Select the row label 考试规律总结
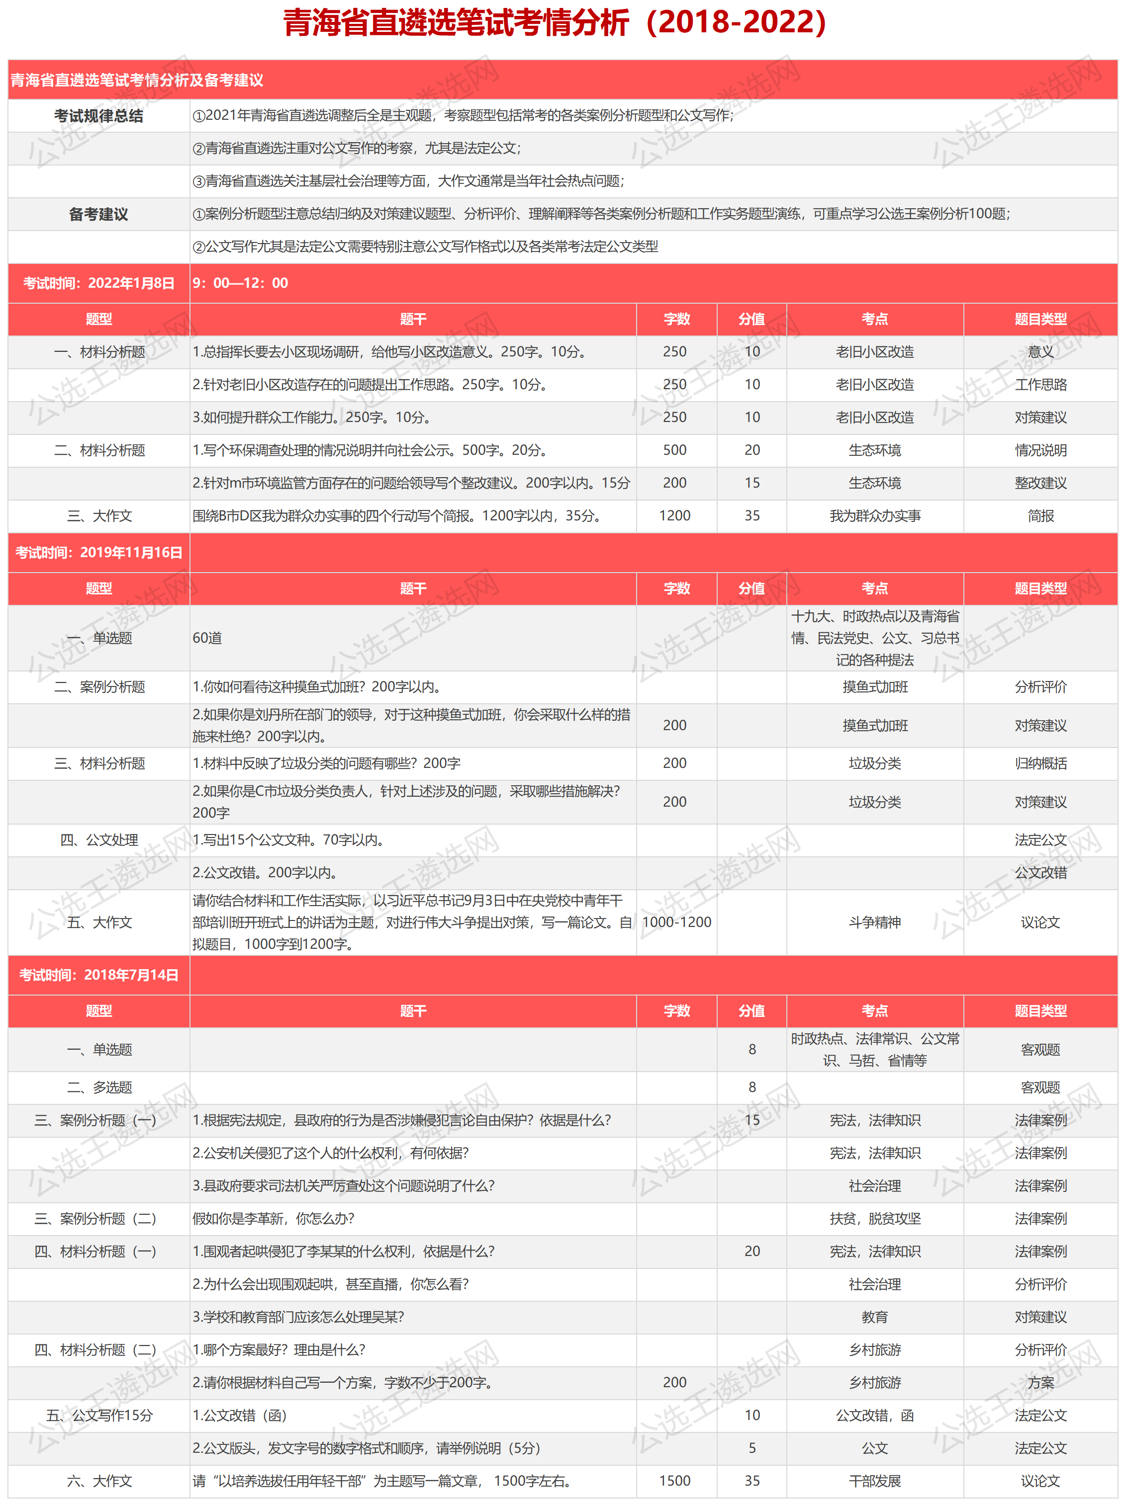point(99,116)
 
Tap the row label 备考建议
point(99,214)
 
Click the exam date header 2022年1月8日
point(99,283)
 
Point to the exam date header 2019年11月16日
point(99,552)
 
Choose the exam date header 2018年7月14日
point(99,975)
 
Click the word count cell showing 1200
point(674,515)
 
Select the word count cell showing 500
point(674,450)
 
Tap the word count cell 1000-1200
point(676,922)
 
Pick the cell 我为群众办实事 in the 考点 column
point(875,515)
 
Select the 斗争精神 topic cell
point(875,922)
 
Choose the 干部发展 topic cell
point(875,1481)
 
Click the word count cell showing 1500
point(674,1481)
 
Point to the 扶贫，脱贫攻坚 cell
point(875,1218)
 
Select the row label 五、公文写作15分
point(99,1416)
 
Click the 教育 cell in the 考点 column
point(875,1317)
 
